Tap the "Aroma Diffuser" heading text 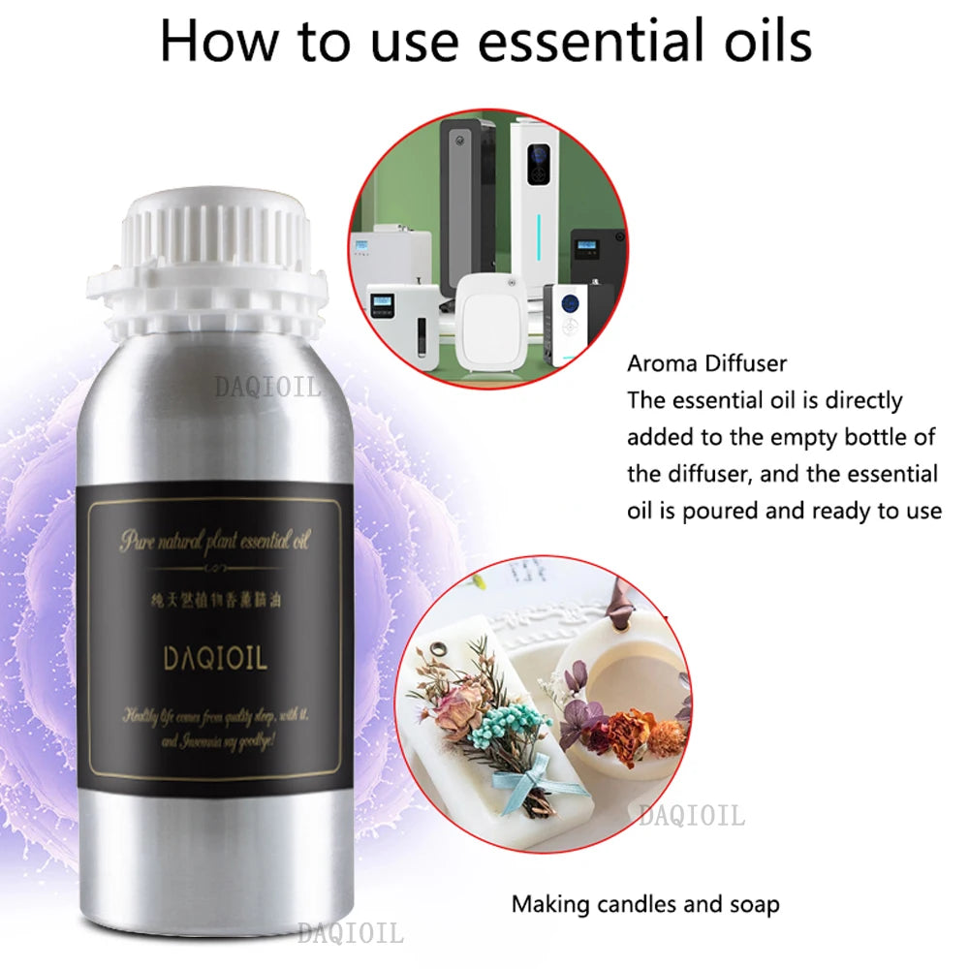click(707, 364)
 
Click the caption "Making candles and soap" click(645, 905)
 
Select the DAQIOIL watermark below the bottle click(349, 933)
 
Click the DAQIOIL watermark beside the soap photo click(691, 817)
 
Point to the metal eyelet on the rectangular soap click(445, 649)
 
